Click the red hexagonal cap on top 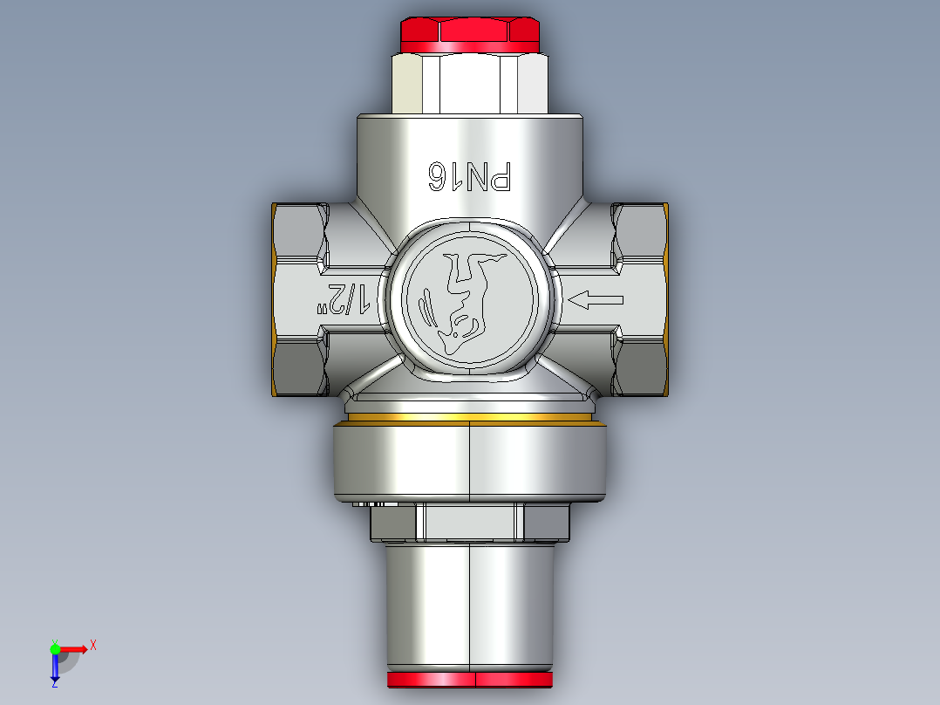pos(469,33)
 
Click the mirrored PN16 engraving pos(468,177)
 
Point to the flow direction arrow pos(596,301)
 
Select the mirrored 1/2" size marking pos(344,298)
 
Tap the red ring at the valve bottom pos(469,680)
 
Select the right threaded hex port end pos(641,300)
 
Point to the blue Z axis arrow pos(55,667)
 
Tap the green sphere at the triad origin pos(55,648)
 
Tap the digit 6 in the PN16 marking pos(436,177)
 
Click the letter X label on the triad pos(93,646)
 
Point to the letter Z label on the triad pos(54,684)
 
